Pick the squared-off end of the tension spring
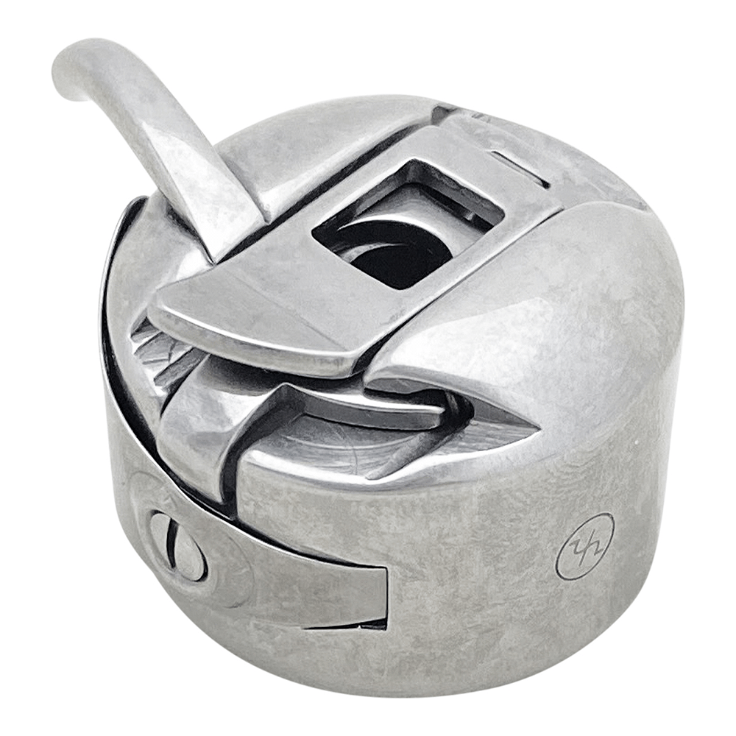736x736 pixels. [368, 596]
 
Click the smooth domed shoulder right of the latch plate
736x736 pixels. [559, 294]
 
